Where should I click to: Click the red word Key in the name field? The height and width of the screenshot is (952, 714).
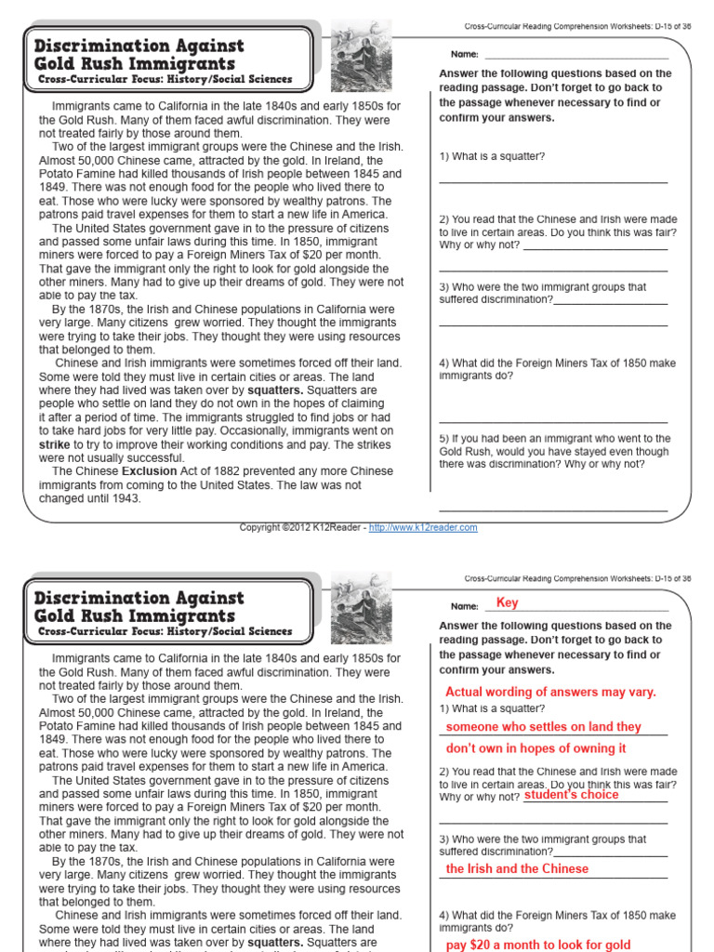pyautogui.click(x=507, y=602)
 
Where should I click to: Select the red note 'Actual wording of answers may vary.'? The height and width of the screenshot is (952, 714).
pyautogui.click(x=550, y=692)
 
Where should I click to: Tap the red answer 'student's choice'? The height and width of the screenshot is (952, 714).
pyautogui.click(x=571, y=795)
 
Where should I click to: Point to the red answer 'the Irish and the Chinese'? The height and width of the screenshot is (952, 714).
pyautogui.click(x=517, y=868)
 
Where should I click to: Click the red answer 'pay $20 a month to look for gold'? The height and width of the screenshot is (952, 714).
pyautogui.click(x=538, y=945)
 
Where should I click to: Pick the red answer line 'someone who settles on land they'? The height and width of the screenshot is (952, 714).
pyautogui.click(x=543, y=727)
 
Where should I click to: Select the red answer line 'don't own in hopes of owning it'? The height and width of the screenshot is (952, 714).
pyautogui.click(x=536, y=748)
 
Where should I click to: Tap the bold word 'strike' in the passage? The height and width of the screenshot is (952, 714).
pyautogui.click(x=55, y=444)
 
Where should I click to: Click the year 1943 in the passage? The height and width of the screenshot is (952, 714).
pyautogui.click(x=126, y=498)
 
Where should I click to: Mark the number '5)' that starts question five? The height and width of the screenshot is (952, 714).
pyautogui.click(x=444, y=438)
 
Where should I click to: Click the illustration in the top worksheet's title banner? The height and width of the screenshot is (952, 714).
pyautogui.click(x=354, y=56)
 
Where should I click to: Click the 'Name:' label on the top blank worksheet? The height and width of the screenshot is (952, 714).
pyautogui.click(x=464, y=55)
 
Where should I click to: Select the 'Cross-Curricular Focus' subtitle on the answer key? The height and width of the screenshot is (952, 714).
pyautogui.click(x=165, y=632)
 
